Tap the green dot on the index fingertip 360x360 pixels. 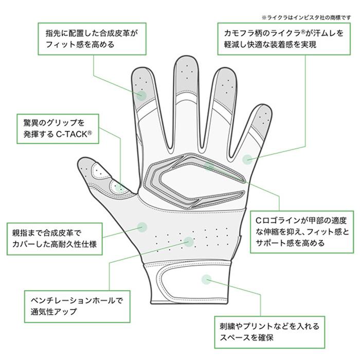(141, 95)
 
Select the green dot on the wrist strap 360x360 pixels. (206, 279)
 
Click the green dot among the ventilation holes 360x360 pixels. (189, 242)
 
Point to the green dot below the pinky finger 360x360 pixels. (247, 159)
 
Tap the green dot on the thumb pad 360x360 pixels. (119, 187)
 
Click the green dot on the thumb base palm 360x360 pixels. (142, 227)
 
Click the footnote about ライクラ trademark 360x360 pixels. (307, 17)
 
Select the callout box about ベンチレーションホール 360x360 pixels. (77, 307)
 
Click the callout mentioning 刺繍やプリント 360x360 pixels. (269, 332)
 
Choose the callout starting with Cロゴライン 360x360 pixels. (302, 232)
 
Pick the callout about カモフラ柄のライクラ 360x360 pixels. (284, 39)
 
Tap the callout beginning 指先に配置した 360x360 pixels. (92, 39)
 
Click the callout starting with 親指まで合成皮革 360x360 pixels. (55, 239)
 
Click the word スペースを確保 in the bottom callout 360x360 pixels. (246, 338)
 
